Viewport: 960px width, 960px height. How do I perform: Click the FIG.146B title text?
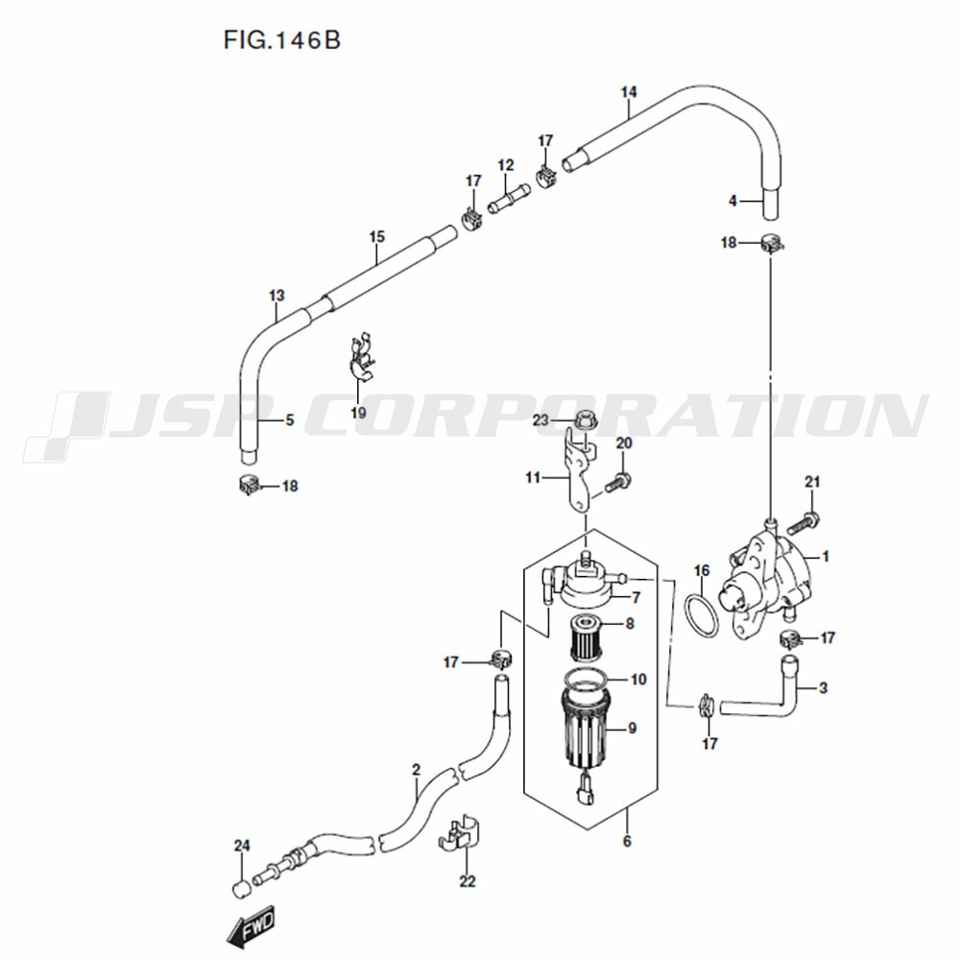coord(282,40)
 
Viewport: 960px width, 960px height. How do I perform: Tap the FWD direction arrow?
coord(251,927)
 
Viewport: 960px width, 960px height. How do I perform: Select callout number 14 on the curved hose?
coord(629,92)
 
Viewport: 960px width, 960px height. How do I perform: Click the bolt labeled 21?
coord(801,522)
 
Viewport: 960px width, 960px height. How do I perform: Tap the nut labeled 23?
coord(583,420)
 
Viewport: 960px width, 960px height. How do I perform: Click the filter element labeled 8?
coord(587,638)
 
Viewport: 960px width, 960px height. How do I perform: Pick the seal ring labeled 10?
coord(587,679)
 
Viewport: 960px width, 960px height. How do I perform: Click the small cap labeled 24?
coord(241,888)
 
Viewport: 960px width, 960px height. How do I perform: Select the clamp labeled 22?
coord(460,834)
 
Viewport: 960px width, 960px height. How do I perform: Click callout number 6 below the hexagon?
coord(626,841)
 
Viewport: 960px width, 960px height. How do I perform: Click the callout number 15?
coord(377,236)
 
